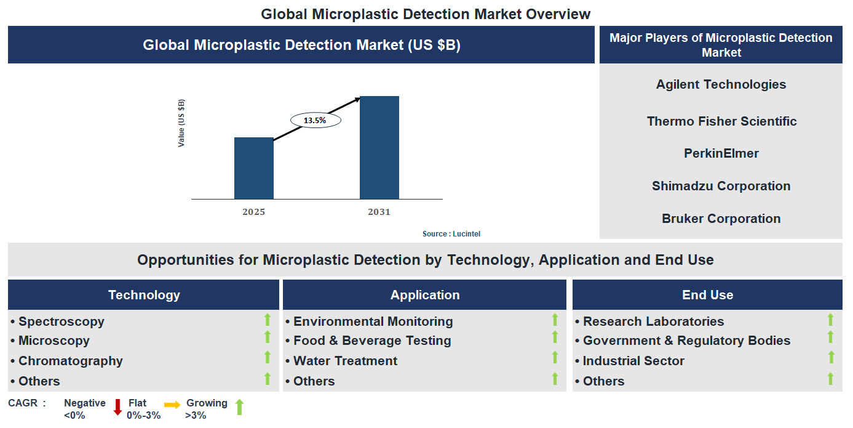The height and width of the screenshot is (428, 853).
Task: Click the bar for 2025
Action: point(253,168)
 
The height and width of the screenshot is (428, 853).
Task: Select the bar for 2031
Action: point(379,148)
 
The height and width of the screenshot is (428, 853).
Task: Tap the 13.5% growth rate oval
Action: point(315,120)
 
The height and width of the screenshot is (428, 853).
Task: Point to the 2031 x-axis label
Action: point(379,212)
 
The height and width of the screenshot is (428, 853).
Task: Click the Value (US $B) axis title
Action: point(181,123)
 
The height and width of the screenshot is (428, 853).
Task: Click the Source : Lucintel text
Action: point(451,234)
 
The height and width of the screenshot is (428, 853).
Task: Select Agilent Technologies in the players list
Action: point(721,84)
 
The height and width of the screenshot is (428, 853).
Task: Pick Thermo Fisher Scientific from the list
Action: point(721,121)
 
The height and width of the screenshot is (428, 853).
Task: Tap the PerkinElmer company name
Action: point(721,153)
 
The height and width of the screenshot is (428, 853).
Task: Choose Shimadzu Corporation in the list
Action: point(721,186)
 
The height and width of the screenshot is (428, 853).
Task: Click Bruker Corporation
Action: point(721,219)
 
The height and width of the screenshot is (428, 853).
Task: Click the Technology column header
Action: point(144,295)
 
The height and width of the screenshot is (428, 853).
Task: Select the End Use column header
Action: point(707,295)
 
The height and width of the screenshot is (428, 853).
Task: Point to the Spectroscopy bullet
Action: point(61,321)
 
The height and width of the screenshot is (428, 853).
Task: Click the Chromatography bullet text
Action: point(70,361)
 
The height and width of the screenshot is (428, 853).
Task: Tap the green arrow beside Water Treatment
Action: point(555,357)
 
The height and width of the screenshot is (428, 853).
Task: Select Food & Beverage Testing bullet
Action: point(371,341)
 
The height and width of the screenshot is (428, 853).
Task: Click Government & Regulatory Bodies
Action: point(686,341)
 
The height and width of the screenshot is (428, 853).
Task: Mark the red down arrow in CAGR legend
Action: point(117,407)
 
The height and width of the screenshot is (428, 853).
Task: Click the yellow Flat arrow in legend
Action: point(172,405)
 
